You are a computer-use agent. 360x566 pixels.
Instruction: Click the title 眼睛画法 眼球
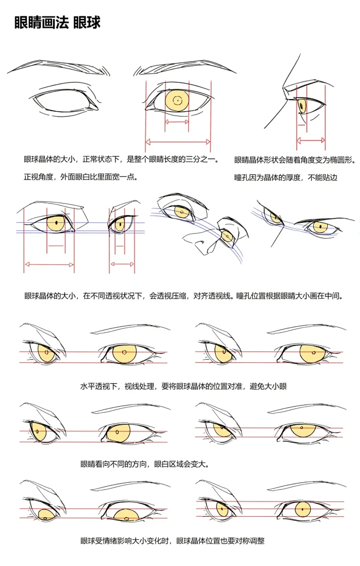coord(57,24)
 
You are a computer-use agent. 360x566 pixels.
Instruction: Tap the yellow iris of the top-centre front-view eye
coord(177,101)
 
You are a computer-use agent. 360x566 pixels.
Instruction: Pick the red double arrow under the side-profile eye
coord(311,141)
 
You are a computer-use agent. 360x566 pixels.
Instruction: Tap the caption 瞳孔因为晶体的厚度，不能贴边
coord(285,178)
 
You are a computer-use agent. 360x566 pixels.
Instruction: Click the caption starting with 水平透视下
coord(183,386)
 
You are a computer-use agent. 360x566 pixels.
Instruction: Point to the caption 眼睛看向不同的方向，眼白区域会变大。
coord(144,464)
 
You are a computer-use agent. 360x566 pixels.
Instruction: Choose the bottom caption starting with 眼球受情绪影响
coord(172,541)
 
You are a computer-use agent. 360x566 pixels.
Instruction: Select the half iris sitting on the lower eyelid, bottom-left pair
coord(127,513)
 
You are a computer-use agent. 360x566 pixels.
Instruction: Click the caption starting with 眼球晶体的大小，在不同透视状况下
coord(183,296)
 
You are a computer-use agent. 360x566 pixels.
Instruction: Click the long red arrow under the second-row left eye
coord(49,264)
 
